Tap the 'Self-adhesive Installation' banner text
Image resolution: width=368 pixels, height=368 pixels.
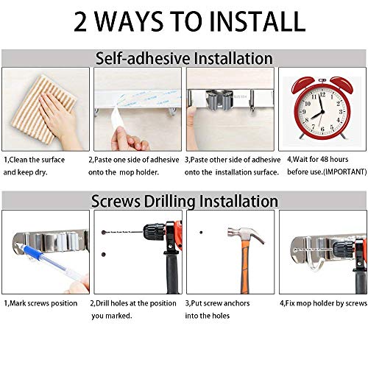(x=184, y=57)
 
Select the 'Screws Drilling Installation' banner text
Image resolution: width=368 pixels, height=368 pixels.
(x=184, y=200)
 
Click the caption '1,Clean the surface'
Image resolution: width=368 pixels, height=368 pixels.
(x=35, y=159)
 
